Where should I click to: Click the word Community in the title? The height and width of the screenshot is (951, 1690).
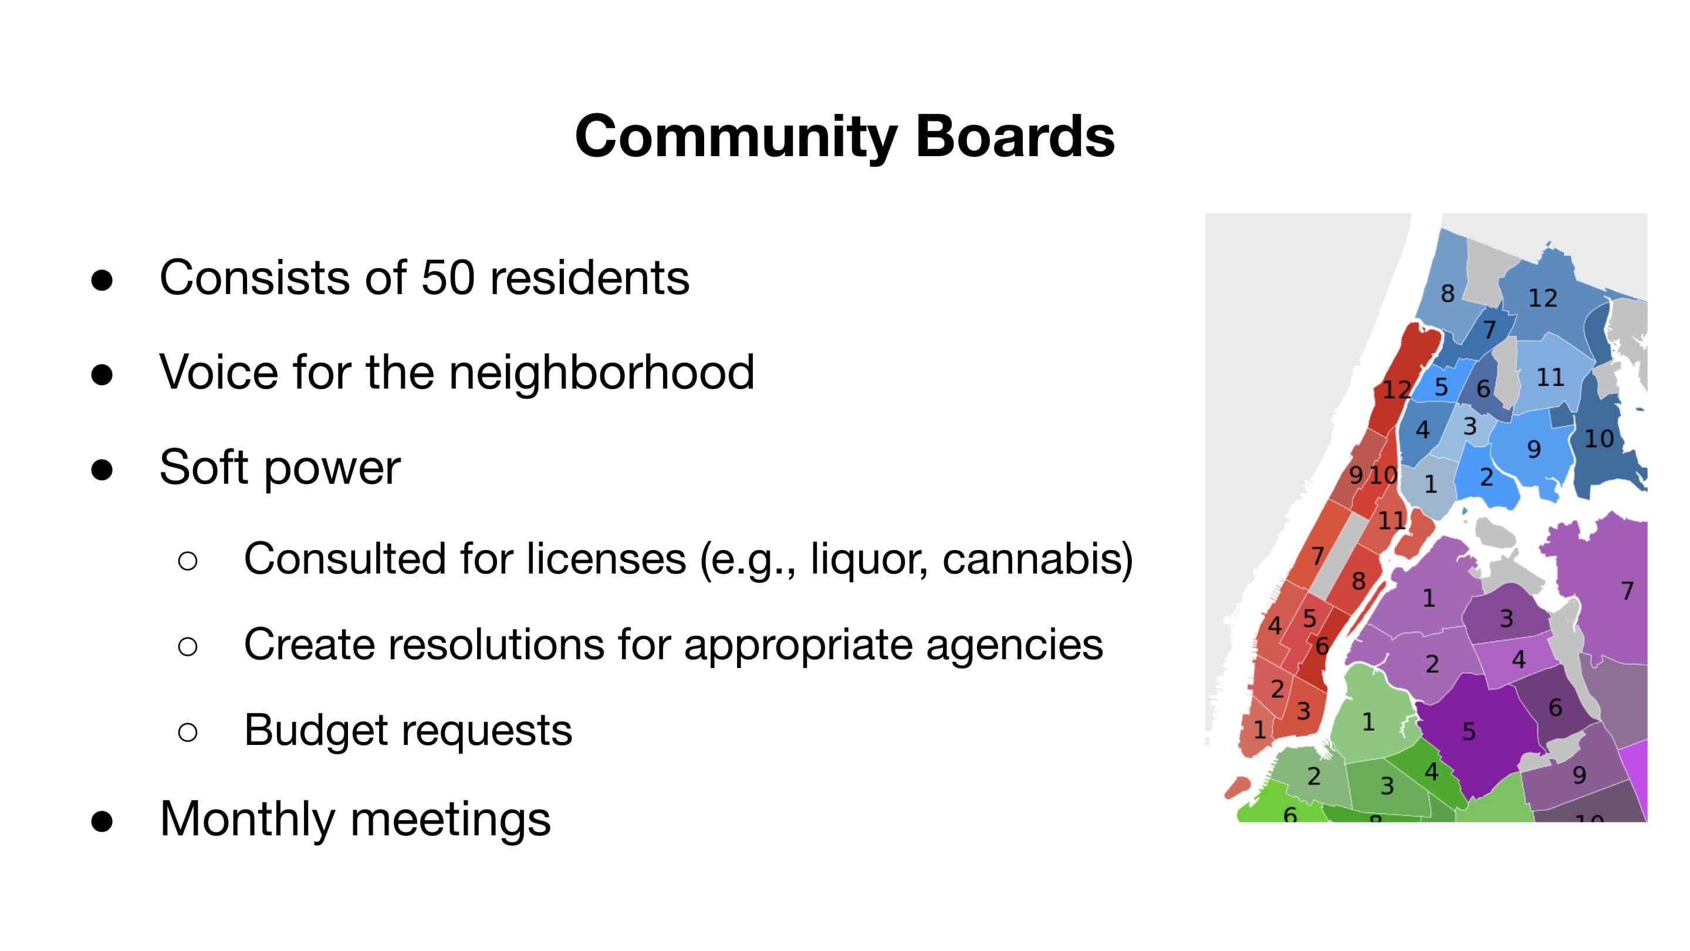[735, 137]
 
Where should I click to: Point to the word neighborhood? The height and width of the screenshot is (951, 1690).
[601, 372]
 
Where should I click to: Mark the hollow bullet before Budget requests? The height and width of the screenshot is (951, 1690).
[188, 731]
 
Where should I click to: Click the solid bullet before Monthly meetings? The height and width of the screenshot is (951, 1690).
[102, 821]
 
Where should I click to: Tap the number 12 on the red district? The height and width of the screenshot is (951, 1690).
[1397, 390]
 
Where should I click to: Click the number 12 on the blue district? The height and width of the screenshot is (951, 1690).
[1542, 299]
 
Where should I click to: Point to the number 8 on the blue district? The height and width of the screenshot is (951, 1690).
[1447, 294]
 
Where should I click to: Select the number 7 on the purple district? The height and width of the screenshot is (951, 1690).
[1627, 591]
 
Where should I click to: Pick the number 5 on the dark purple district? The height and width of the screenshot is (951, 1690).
[1469, 731]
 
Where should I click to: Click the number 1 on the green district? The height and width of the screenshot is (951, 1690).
[1368, 723]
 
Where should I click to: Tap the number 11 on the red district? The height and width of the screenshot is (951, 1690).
[1391, 521]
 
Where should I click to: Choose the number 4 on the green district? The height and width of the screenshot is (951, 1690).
[1432, 772]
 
